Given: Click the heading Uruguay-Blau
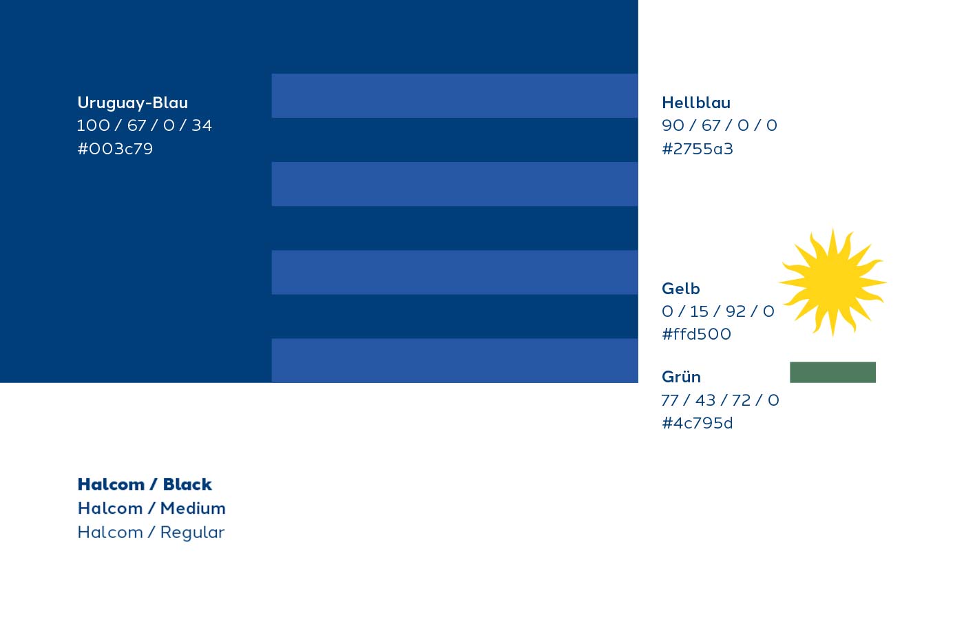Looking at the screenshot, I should [132, 103].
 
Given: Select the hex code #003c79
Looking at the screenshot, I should [115, 149].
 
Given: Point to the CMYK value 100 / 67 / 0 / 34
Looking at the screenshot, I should [144, 125].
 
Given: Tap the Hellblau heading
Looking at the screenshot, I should [695, 103].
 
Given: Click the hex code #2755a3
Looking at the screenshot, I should [697, 149].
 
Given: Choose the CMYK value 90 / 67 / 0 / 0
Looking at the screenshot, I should [719, 125].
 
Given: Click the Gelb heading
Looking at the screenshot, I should [680, 289].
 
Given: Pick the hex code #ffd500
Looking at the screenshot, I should [696, 334].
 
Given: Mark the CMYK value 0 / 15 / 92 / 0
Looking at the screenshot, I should [717, 311].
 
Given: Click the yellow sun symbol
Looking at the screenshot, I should [832, 282].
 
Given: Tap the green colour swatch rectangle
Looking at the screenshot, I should [832, 372].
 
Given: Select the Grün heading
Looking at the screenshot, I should [681, 377].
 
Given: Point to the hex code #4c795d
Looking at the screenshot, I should [697, 423].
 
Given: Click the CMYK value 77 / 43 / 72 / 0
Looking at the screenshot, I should [720, 400].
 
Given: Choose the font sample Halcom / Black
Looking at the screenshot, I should [145, 484].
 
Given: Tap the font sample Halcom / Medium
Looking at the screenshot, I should [151, 508].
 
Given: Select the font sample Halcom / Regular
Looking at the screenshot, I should [151, 533].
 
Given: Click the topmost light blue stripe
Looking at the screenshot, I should [454, 96].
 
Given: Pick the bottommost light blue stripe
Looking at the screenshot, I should [454, 360].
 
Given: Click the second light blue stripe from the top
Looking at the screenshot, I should [454, 184].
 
